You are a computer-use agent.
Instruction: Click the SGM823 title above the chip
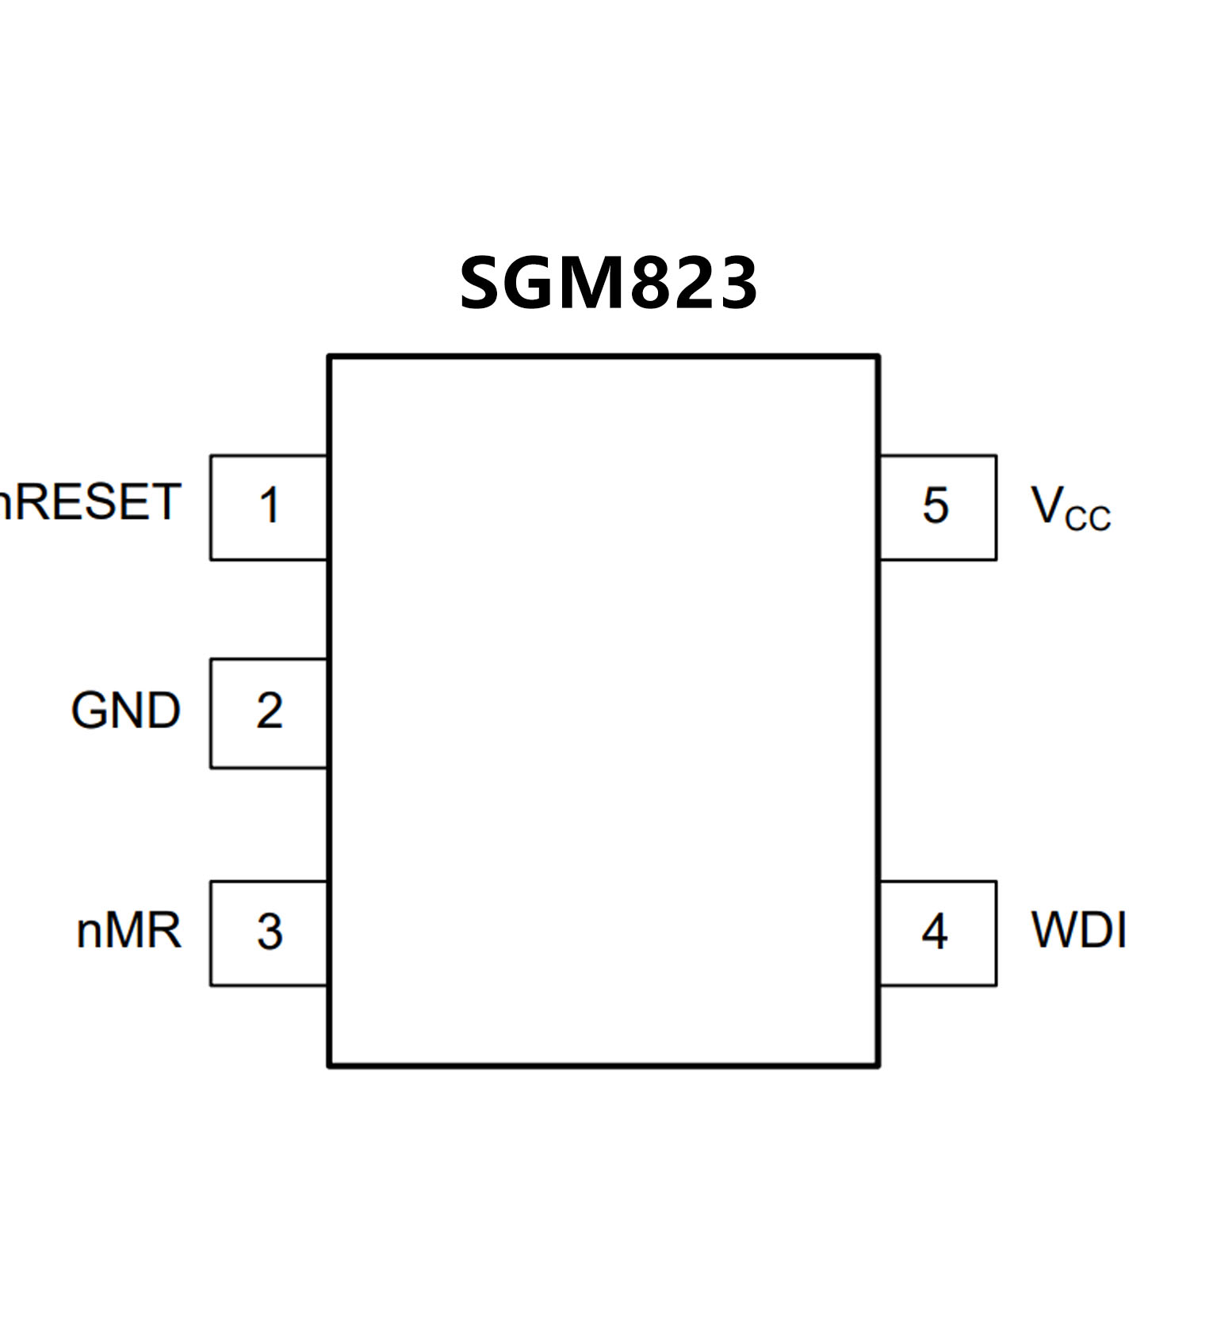pyautogui.click(x=608, y=284)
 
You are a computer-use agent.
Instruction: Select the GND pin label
pyautogui.click(x=125, y=710)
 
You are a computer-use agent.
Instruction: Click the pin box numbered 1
pyautogui.click(x=269, y=507)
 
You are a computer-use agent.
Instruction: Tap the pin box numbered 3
pyautogui.click(x=269, y=932)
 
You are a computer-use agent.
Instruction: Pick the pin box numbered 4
pyautogui.click(x=936, y=932)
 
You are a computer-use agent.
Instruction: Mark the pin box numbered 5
pyautogui.click(x=936, y=507)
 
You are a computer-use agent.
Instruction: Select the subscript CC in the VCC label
pyautogui.click(x=1088, y=518)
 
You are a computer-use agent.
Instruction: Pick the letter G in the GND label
pyautogui.click(x=89, y=710)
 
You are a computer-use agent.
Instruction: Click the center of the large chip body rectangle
pyautogui.click(x=603, y=711)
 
